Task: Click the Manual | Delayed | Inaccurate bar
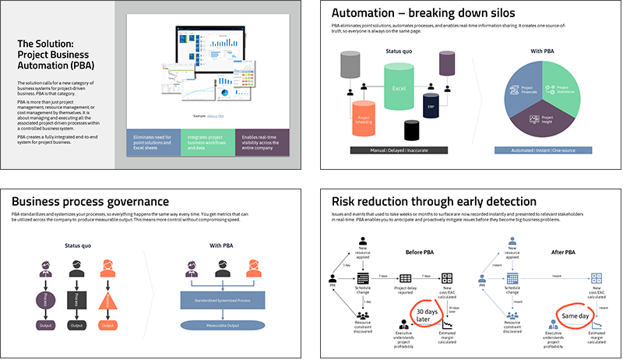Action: [399, 150]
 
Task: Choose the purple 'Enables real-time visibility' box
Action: [262, 141]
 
